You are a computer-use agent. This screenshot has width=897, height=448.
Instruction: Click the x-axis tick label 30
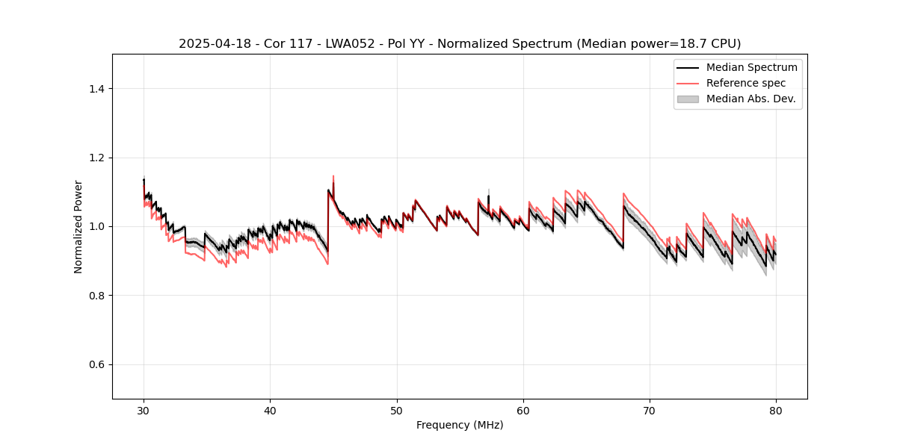click(144, 410)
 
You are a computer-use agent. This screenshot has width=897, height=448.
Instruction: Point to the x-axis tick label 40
click(270, 410)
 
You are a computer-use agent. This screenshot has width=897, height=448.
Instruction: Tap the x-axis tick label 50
click(397, 410)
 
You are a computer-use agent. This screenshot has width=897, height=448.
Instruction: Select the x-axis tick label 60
click(523, 410)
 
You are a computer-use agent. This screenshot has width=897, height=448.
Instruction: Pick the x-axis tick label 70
click(650, 410)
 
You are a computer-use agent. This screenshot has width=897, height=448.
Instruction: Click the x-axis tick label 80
click(776, 410)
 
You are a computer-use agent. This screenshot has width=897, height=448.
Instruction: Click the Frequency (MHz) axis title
click(460, 425)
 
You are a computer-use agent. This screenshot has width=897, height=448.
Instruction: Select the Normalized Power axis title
click(78, 226)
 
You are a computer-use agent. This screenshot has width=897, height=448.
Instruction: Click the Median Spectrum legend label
click(751, 67)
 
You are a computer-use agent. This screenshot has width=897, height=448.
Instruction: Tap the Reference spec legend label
click(746, 83)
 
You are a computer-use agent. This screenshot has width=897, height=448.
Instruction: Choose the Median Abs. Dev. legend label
click(750, 99)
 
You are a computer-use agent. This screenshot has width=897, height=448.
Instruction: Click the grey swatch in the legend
click(688, 99)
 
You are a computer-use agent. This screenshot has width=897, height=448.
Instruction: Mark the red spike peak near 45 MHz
click(333, 176)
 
